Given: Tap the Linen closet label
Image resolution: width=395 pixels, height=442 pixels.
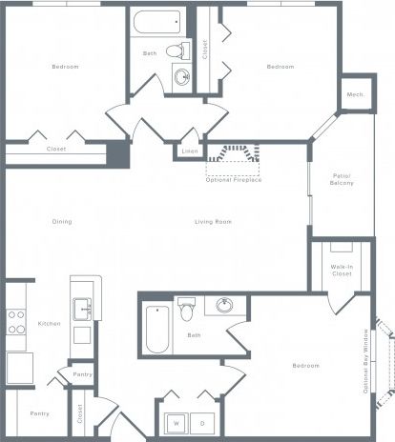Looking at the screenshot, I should (x=191, y=151).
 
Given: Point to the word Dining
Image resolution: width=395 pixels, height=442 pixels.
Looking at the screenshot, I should (x=63, y=222).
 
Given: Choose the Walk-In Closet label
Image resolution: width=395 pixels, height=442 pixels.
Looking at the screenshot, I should (x=342, y=271).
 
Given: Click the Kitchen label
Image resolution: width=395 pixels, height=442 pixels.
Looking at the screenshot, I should (x=50, y=324).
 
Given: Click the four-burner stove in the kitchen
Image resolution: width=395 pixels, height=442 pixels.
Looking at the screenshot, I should (x=15, y=323).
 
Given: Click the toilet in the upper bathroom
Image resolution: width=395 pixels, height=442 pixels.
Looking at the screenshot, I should (x=175, y=50).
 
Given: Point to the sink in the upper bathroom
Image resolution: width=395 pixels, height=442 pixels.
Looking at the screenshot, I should (x=182, y=76).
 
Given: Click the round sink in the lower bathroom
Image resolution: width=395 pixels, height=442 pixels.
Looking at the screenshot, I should (x=225, y=306).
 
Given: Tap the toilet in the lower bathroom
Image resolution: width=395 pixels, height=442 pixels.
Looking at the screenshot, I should (x=188, y=310).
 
